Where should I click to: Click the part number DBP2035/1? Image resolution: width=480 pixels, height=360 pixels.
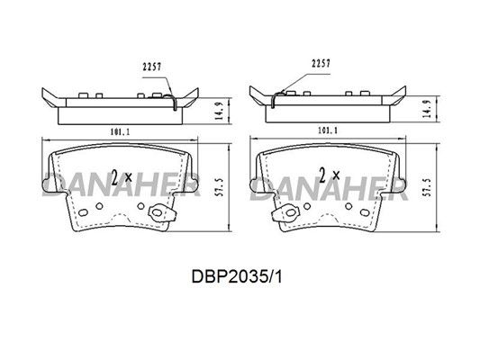pos(237,277)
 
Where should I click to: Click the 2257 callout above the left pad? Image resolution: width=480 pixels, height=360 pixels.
pos(152,67)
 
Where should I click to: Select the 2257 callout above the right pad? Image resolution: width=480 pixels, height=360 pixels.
pos(321,64)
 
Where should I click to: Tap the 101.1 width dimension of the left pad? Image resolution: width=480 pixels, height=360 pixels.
pos(120,132)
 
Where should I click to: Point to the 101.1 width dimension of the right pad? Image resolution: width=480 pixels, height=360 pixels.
pos(328,130)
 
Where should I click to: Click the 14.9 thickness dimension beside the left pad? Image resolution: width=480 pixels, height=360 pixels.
pos(219,111)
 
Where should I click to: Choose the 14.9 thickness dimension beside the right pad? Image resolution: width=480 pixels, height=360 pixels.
pos(427,109)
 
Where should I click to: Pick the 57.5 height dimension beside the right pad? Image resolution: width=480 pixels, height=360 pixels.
pos(428,187)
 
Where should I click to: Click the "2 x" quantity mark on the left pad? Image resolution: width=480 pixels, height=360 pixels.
pos(122,176)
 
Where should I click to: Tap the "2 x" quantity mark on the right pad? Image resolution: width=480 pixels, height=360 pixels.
pos(329,175)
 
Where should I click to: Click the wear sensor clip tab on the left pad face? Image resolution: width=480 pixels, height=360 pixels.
pos(161,212)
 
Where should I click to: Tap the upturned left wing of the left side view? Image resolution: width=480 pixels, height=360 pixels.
pos(50,97)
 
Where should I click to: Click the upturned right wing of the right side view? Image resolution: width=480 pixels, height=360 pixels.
pos(398,95)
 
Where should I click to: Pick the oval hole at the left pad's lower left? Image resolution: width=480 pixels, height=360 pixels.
pos(83,212)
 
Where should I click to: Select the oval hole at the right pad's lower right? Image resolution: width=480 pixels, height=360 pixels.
pos(365,212)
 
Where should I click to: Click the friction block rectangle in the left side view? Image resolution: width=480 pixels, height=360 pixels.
pos(120,116)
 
